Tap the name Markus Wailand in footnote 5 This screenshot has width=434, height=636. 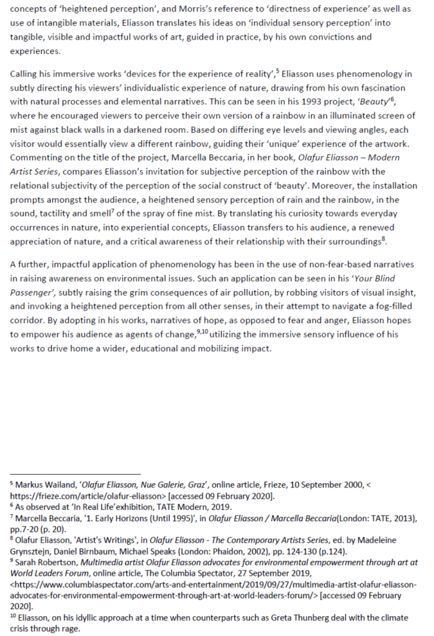43,484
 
